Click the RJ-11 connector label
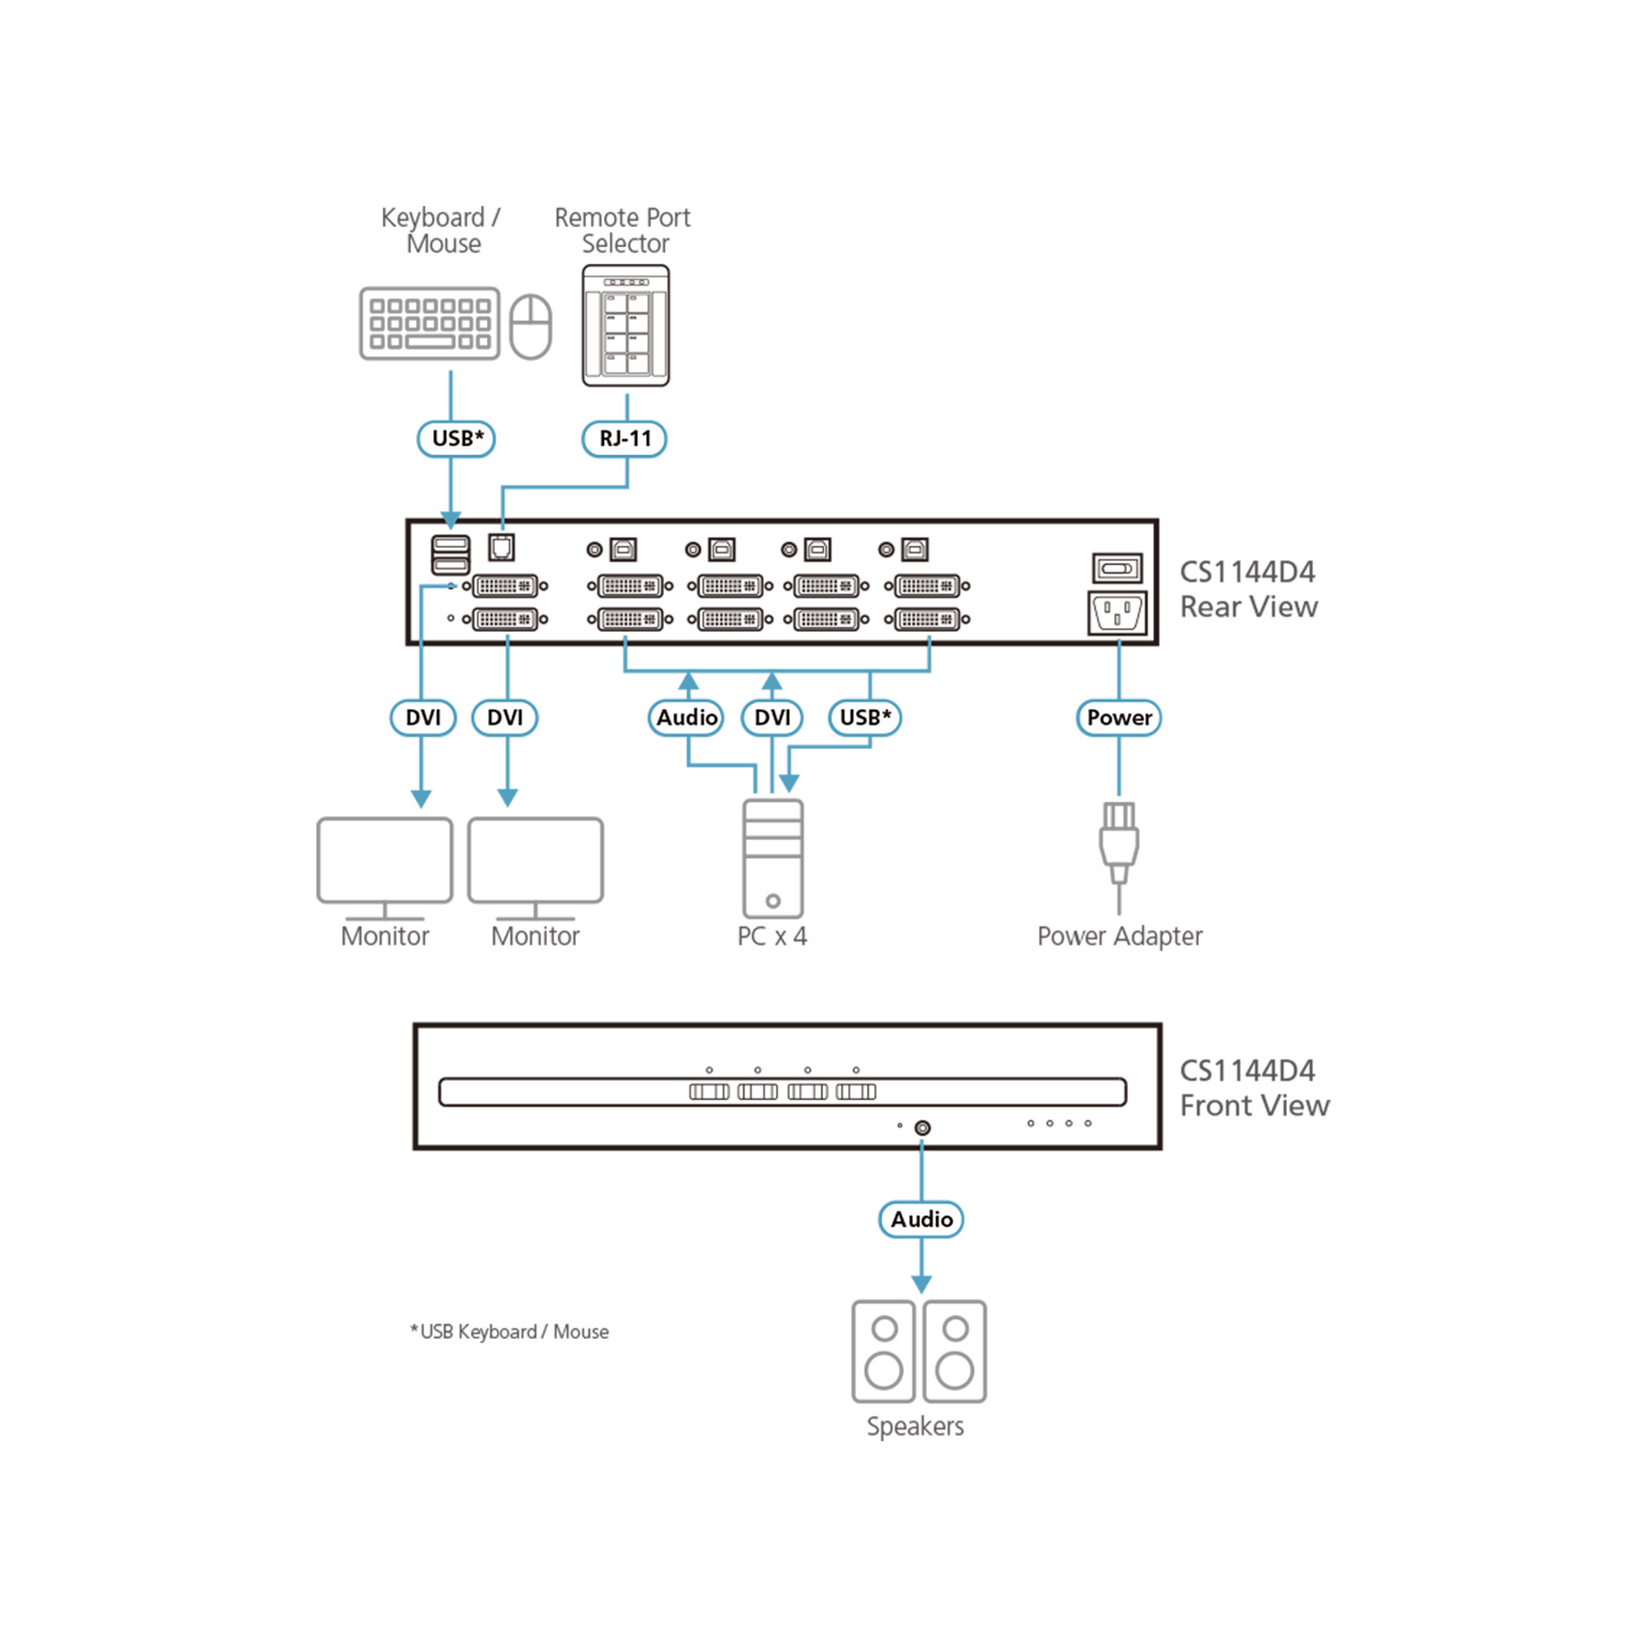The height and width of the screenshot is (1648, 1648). click(x=624, y=438)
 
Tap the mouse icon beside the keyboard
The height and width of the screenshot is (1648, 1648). click(x=531, y=325)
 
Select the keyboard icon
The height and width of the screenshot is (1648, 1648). click(x=429, y=323)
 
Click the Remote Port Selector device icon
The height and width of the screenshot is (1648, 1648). click(x=625, y=325)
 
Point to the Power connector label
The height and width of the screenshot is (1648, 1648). click(x=1118, y=718)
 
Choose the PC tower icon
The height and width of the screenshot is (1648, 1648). click(x=772, y=858)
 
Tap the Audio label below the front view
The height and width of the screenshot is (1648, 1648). click(x=921, y=1219)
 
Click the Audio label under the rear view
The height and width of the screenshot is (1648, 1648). click(x=686, y=718)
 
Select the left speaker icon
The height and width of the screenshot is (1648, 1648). click(x=883, y=1351)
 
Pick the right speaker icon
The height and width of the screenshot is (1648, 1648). click(x=954, y=1351)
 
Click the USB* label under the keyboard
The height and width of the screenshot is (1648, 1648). click(x=456, y=438)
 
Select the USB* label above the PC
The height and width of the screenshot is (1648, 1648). click(x=865, y=718)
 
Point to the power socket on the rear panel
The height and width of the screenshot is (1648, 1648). click(x=1117, y=612)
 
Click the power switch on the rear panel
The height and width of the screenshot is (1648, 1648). click(x=1117, y=568)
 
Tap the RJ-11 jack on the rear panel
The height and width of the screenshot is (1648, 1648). click(x=502, y=547)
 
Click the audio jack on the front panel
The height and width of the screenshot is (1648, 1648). click(x=922, y=1128)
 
